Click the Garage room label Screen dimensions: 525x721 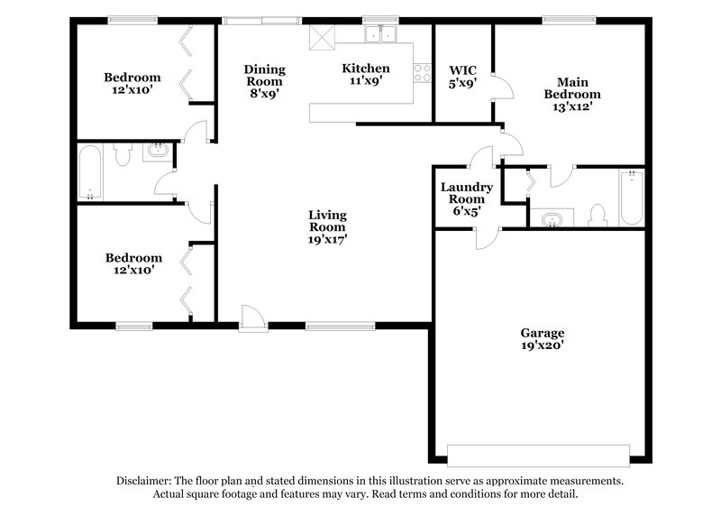542,338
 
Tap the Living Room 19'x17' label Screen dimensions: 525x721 327,227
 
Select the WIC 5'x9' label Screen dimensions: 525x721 462,76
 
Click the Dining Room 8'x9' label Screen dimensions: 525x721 265,80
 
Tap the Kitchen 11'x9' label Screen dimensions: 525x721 365,74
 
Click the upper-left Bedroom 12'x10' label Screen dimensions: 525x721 132,83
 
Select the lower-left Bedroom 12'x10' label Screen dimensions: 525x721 132,262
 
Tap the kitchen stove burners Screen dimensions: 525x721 422,72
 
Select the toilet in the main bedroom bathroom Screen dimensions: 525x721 596,215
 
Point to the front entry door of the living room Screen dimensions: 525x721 253,317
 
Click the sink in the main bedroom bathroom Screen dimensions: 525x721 550,217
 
